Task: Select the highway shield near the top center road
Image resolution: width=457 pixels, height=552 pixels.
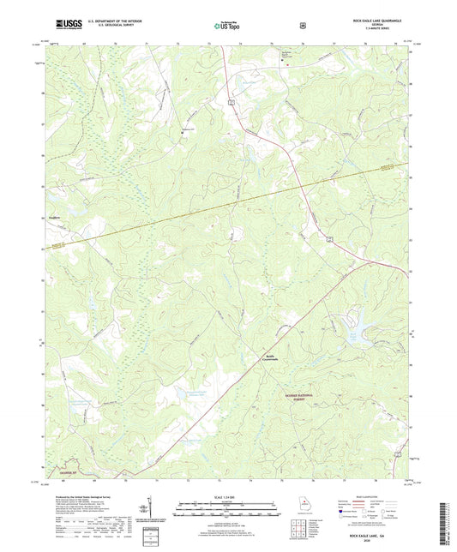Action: click(231, 101)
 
